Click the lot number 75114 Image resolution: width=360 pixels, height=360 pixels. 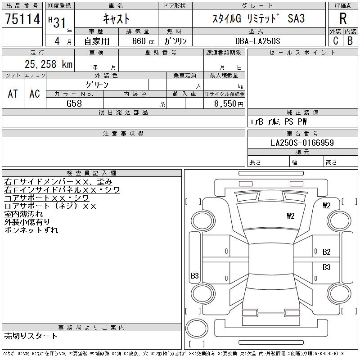click(x=22, y=19)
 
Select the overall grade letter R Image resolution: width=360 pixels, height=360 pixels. click(x=343, y=18)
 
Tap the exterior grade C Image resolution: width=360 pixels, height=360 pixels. click(x=336, y=41)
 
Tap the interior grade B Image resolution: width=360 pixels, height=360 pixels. click(x=350, y=41)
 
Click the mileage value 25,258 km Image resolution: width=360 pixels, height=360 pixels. click(x=49, y=64)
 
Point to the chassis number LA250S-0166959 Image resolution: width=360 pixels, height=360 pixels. click(x=302, y=143)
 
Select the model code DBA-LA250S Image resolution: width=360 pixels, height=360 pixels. click(x=258, y=41)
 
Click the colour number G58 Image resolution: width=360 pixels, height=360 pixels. click(x=74, y=103)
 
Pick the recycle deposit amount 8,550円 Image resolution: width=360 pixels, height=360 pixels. click(x=229, y=104)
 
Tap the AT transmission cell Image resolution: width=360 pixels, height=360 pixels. click(x=13, y=94)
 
